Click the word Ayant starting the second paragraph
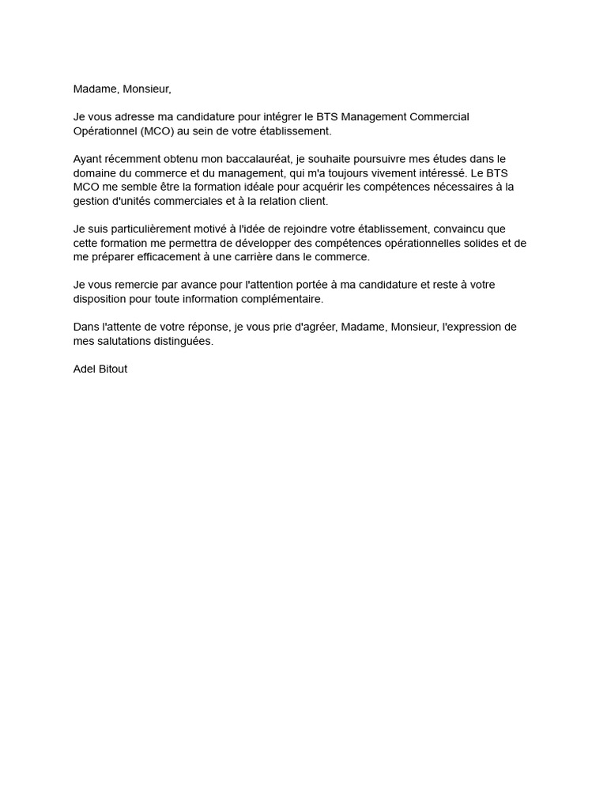coord(88,159)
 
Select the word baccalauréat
coord(258,159)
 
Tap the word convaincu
coord(462,229)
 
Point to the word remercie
coord(133,285)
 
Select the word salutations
coord(124,341)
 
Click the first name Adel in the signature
coord(85,369)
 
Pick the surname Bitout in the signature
coord(113,369)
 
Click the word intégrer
coord(282,117)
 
